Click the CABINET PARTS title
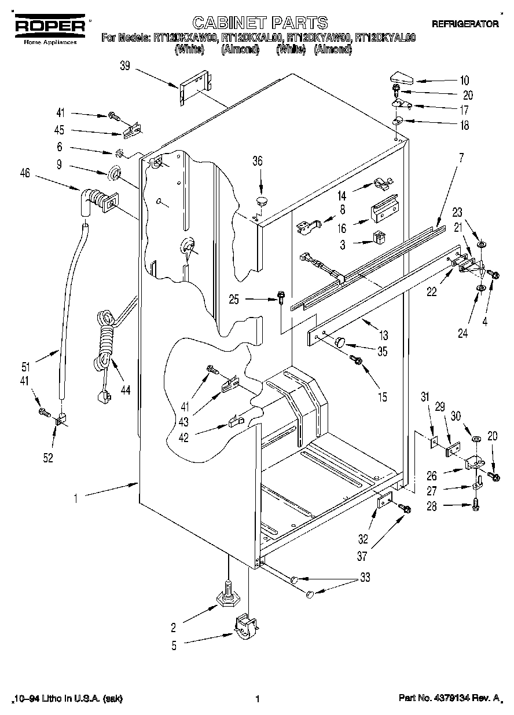260,23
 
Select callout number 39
124,67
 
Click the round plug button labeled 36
261,202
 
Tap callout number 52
48,458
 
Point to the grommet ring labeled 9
114,173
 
